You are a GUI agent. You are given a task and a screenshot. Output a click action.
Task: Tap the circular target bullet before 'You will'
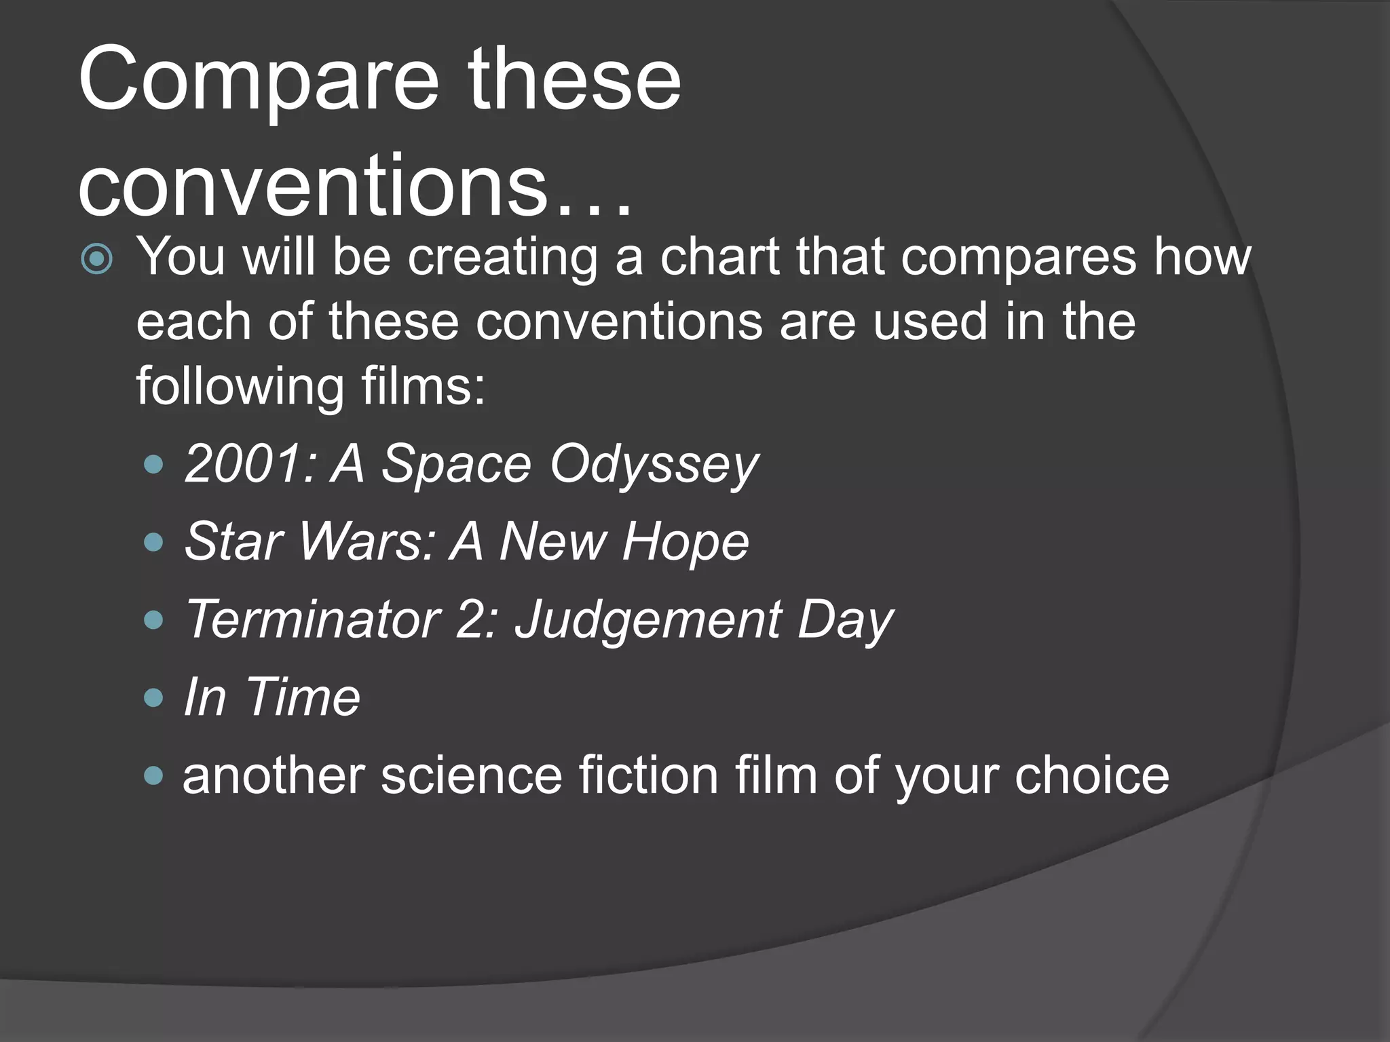click(96, 258)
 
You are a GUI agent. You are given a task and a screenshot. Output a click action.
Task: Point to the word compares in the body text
click(1018, 258)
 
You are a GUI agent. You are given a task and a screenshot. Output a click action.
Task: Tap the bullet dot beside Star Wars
click(155, 542)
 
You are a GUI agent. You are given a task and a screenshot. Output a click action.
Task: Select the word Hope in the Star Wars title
click(685, 542)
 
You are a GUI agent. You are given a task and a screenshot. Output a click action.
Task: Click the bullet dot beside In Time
click(155, 697)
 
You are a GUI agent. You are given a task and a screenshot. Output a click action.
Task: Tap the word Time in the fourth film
click(303, 697)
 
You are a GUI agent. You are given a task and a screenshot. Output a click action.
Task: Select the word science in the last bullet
click(471, 775)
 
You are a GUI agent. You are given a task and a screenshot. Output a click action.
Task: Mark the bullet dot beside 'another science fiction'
click(155, 775)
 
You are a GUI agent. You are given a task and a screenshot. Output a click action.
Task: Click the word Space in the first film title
click(456, 465)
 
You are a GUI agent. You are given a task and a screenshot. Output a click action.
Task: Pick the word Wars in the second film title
click(367, 542)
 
